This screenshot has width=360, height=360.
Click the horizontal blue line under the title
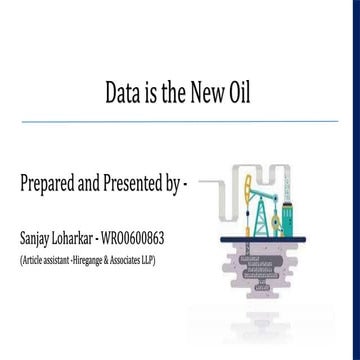tap(180, 121)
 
